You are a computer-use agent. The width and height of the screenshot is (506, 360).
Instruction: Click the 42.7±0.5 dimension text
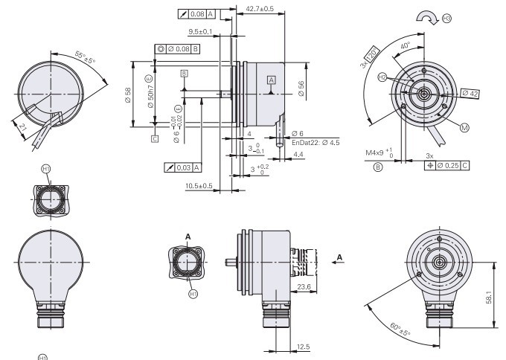tap(259, 9)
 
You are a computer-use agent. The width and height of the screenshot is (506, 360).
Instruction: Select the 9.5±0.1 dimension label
tap(199, 32)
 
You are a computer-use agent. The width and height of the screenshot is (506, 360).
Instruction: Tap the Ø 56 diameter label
tap(301, 86)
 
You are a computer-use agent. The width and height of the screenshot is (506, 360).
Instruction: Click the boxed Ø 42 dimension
tap(470, 93)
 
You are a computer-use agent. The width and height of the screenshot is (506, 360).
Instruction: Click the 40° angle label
tap(404, 46)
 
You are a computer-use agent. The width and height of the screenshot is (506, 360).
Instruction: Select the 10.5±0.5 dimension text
tap(199, 185)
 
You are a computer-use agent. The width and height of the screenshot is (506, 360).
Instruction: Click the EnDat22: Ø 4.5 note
tap(315, 142)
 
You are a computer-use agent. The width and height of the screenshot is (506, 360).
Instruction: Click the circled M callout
tap(465, 128)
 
